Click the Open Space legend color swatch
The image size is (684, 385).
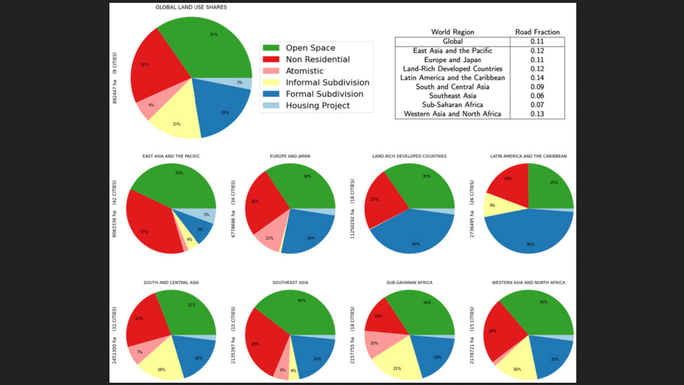coord(271,48)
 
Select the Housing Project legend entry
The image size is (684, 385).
coord(317,106)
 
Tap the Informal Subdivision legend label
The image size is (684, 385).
coord(327,83)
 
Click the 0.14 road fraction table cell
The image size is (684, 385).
coord(537,78)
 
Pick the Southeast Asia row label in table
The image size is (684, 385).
coord(453,96)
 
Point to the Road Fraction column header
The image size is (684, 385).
coord(537,32)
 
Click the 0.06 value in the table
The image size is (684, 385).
coord(537,96)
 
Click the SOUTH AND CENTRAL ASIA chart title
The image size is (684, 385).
coord(170,282)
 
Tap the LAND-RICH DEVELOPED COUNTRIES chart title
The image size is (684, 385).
coord(409,156)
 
